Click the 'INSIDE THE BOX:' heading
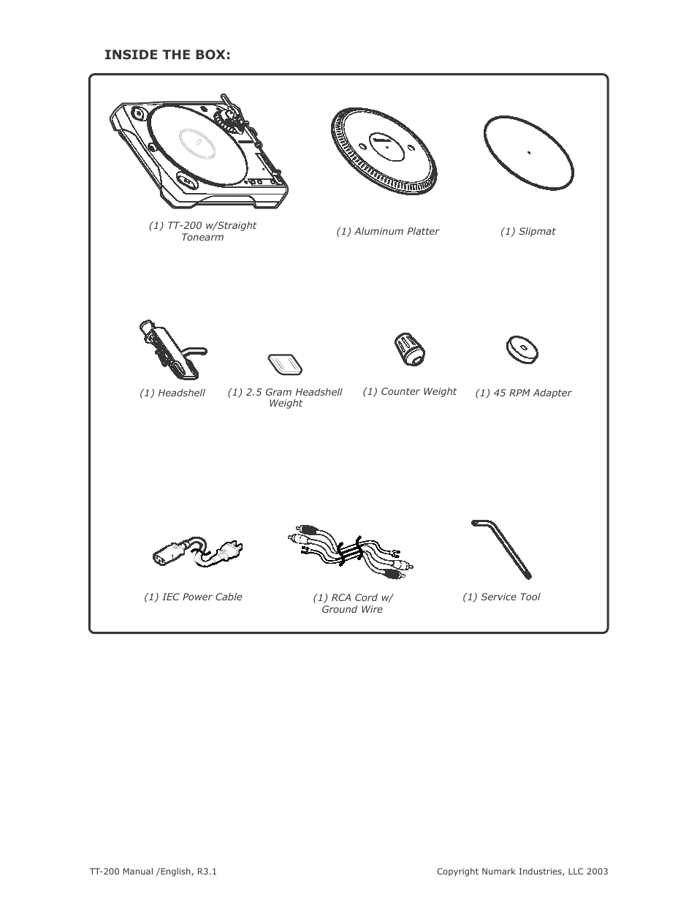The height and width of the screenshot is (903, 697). [167, 55]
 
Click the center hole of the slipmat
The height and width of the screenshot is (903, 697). [528, 153]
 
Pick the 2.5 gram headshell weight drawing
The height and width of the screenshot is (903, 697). [285, 363]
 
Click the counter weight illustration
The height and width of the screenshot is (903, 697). [410, 350]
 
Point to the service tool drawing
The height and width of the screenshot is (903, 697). [502, 548]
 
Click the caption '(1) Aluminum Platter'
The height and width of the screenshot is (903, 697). [387, 232]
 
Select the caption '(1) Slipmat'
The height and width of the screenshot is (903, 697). [527, 232]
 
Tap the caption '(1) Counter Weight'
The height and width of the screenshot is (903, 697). [409, 392]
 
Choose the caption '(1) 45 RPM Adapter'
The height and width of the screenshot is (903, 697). [523, 393]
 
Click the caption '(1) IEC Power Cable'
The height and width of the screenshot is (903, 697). [193, 597]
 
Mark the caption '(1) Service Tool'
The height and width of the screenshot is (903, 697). [501, 597]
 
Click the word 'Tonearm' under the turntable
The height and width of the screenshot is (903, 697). [202, 238]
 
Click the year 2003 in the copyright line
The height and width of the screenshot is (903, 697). [596, 872]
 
